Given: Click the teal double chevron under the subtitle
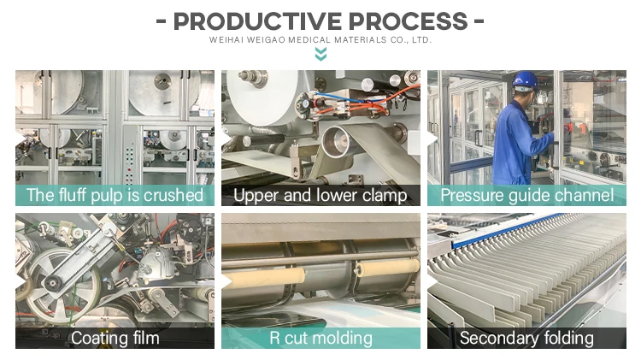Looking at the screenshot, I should pos(320,55).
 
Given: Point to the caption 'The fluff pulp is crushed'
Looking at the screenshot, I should pos(115,195).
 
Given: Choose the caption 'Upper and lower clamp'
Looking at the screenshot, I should pos(320,195).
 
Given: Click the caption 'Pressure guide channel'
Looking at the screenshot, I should pos(526,195).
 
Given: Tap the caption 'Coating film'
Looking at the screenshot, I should pos(115,338).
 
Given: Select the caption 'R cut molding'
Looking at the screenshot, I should pos(320,338).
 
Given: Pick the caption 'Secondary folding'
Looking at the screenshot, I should pos(526,338).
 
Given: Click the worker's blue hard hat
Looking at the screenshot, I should pos(524,81).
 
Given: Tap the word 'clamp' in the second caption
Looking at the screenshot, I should pos(383,196).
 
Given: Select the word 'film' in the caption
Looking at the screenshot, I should pos(144,338).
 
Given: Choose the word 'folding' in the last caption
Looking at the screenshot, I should pos(566,338).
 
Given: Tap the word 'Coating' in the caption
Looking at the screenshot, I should pos(98,338).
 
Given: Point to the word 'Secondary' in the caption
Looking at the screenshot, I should pos(497,338).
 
